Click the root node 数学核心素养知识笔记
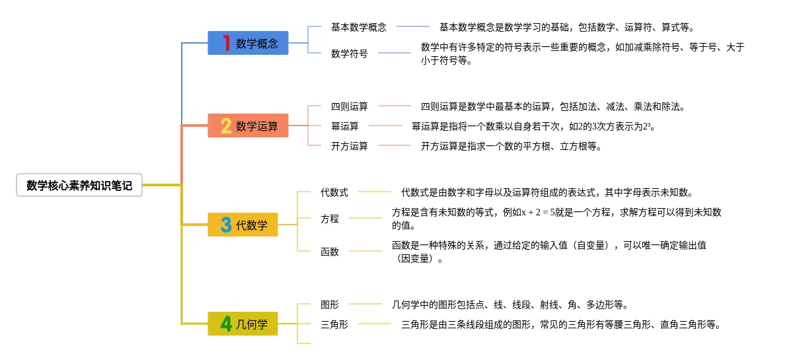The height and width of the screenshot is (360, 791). coord(79,186)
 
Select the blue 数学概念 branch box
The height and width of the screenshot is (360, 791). coord(248,44)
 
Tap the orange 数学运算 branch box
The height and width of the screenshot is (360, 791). coord(248,126)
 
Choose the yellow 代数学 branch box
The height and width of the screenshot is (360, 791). coord(243,225)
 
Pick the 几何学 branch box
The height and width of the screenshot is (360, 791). coord(243,324)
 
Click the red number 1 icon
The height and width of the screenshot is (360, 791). coord(226,44)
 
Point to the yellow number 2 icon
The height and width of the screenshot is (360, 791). coord(226,126)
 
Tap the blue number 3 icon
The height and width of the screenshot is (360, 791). coord(226,225)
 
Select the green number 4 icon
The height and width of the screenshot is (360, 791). coord(226,324)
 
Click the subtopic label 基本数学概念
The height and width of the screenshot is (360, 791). coord(358,28)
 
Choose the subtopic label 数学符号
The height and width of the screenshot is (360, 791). coord(349,54)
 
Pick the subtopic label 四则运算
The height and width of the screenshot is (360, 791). coord(349,106)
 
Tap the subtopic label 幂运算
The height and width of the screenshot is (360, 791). coord(344,126)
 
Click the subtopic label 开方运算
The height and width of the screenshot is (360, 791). coord(349,146)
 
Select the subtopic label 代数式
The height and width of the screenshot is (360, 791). coord(334,192)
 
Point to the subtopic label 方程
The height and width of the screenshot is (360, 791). coord(329,219)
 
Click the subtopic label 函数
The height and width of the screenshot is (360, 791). coord(329,252)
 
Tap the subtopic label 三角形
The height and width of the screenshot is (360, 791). coord(334,324)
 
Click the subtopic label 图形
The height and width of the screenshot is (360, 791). coord(329,305)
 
